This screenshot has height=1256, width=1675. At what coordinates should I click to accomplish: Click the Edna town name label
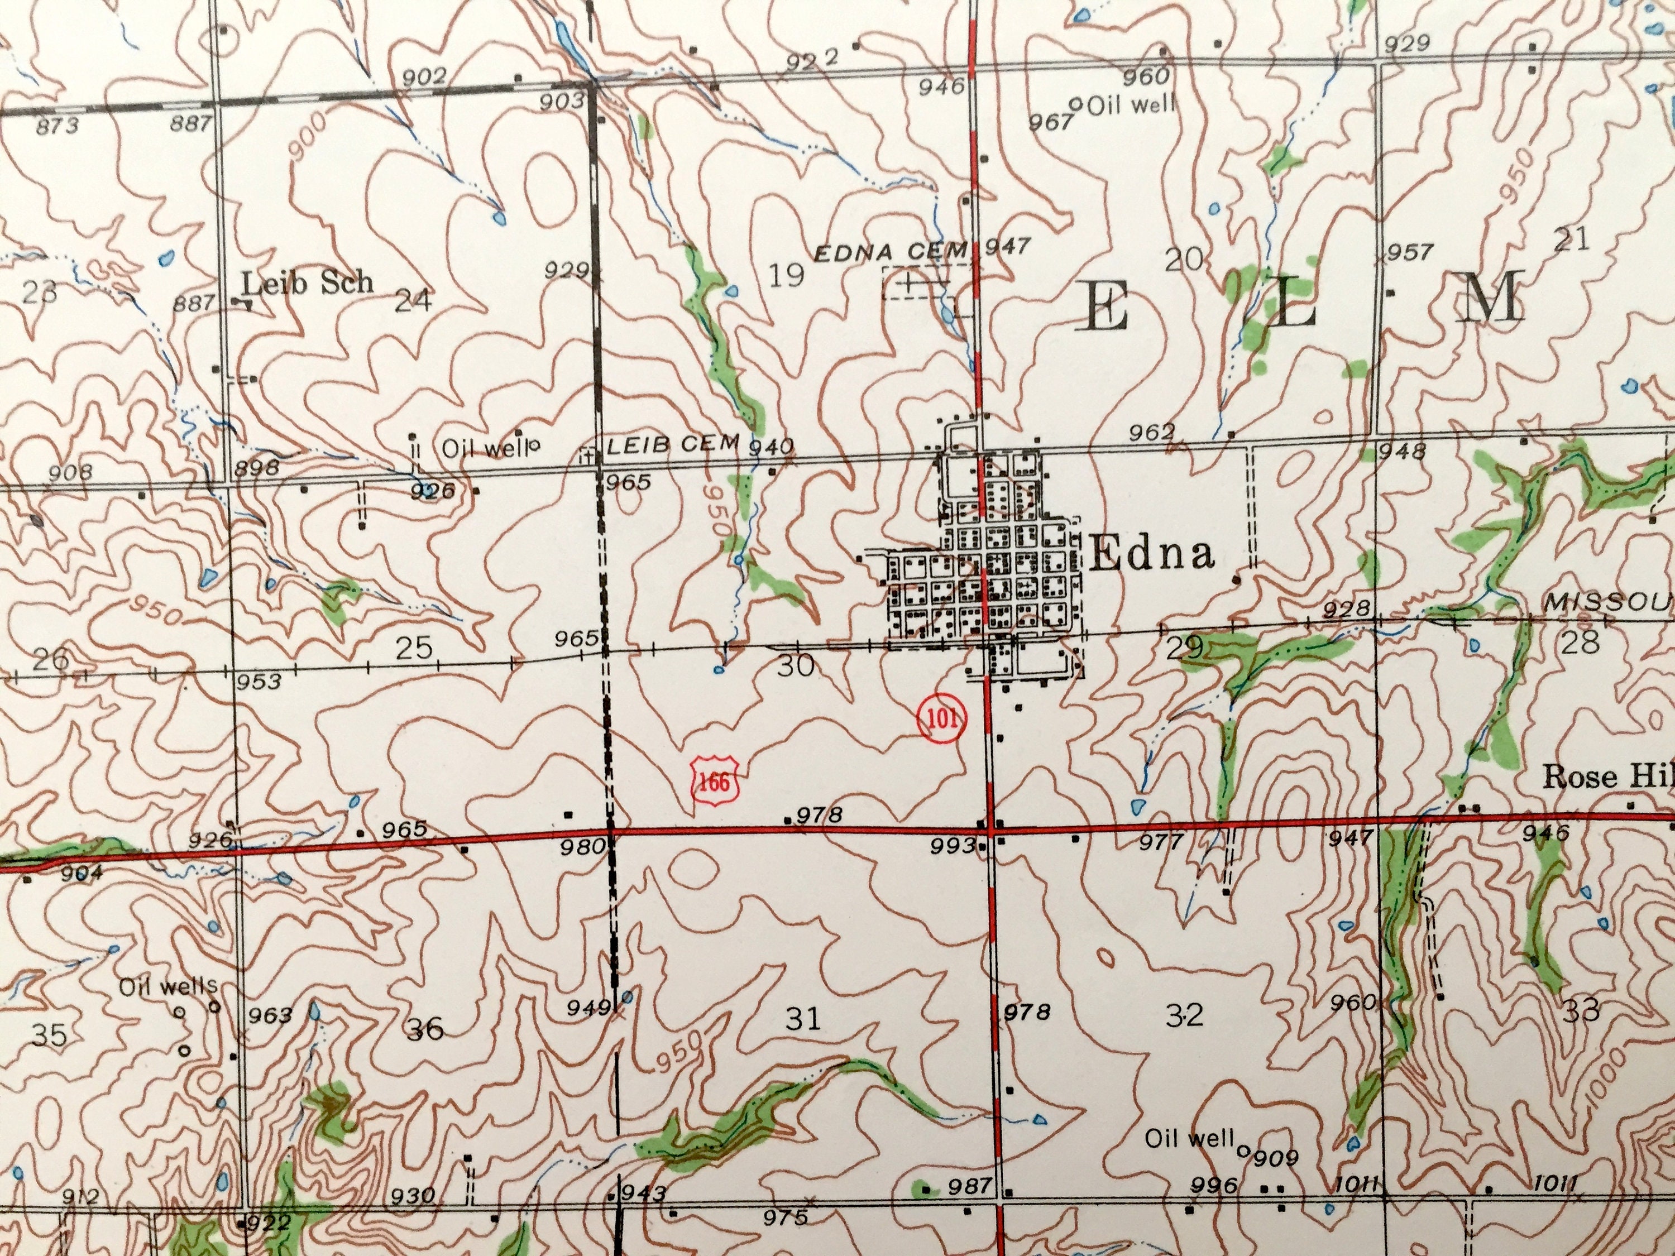[x=1152, y=554]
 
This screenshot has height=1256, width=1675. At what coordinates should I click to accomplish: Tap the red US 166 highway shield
[x=714, y=782]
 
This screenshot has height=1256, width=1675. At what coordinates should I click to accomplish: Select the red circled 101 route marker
[x=942, y=718]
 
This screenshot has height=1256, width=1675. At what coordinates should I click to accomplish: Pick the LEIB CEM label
[x=672, y=445]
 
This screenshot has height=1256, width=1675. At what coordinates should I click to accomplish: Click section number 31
[x=803, y=1018]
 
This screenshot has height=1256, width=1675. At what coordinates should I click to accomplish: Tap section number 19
[x=786, y=275]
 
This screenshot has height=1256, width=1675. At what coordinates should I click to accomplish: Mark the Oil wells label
[x=168, y=986]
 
